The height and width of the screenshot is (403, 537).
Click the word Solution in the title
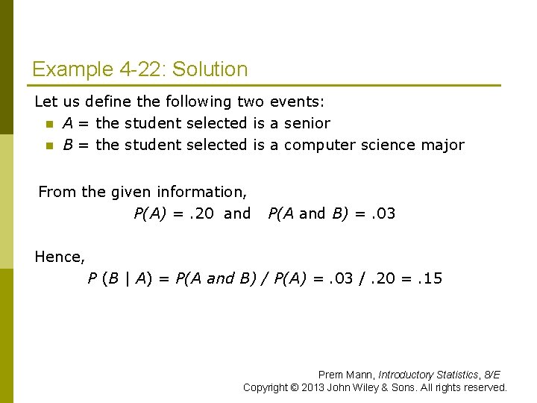[x=210, y=69]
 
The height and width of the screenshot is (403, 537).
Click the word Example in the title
[x=72, y=69]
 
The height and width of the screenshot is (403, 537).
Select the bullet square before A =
[x=49, y=124]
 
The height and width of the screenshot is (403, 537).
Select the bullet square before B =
[x=49, y=146]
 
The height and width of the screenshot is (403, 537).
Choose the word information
[x=200, y=192]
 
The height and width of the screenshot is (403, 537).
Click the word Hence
[x=60, y=257]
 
